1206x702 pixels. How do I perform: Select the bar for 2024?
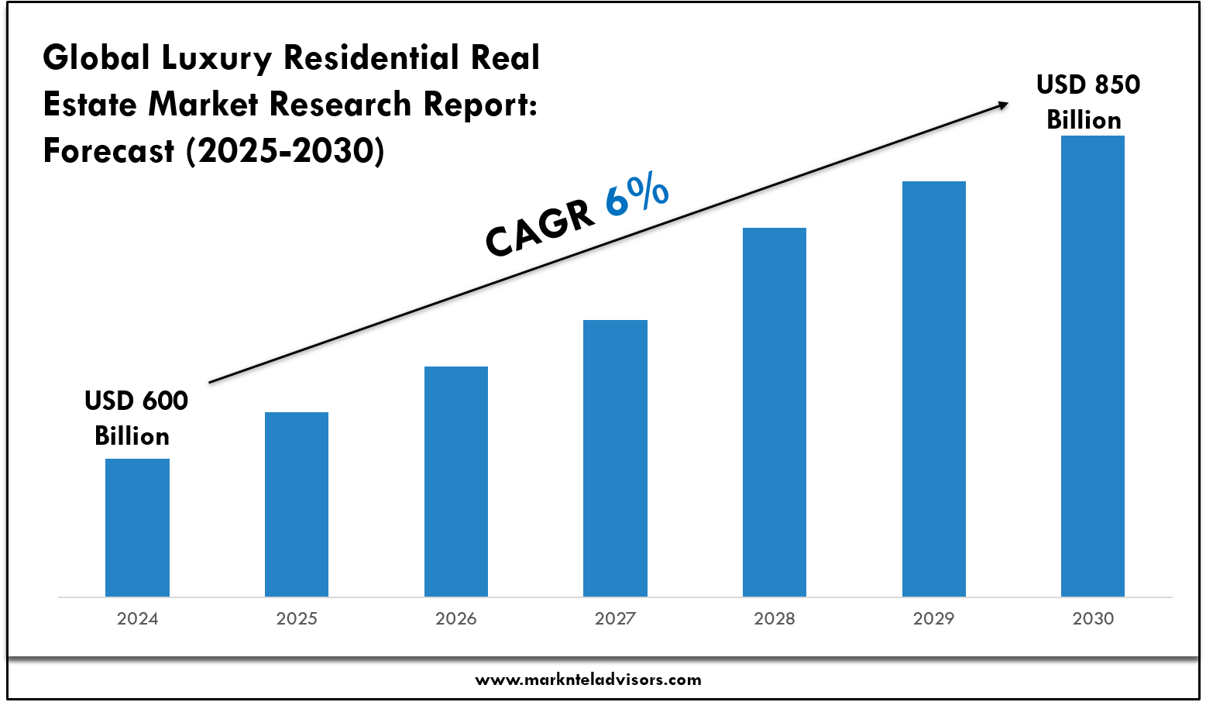[137, 527]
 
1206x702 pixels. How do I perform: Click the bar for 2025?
[297, 504]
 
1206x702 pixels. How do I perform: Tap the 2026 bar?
[456, 480]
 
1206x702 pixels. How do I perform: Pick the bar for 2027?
[615, 457]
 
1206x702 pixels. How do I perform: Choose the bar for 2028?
[775, 411]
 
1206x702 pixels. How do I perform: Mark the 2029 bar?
[934, 388]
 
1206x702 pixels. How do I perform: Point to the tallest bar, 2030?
[1093, 366]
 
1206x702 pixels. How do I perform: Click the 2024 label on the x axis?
[137, 618]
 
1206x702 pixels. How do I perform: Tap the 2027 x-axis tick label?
[615, 618]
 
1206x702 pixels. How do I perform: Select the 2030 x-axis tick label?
[1093, 618]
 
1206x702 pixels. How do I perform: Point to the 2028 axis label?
[775, 618]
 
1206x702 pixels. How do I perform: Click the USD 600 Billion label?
[135, 418]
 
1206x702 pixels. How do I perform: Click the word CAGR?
[539, 229]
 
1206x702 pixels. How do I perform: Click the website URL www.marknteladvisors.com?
[588, 680]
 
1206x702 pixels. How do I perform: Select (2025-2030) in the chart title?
[284, 151]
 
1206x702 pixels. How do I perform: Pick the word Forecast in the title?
[108, 151]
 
